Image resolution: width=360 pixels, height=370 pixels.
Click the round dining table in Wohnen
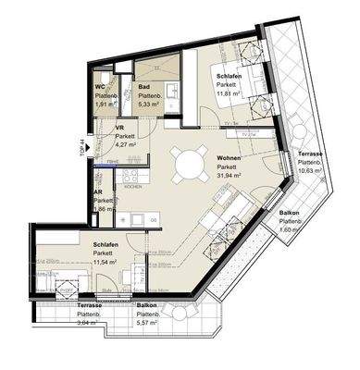tap(192, 164)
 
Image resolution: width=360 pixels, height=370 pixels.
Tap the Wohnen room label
tap(230, 158)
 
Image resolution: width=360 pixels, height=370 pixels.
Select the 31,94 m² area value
tap(230, 176)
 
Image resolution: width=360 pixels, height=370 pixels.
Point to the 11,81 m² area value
tap(229, 93)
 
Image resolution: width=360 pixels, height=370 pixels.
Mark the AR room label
tap(98, 193)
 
